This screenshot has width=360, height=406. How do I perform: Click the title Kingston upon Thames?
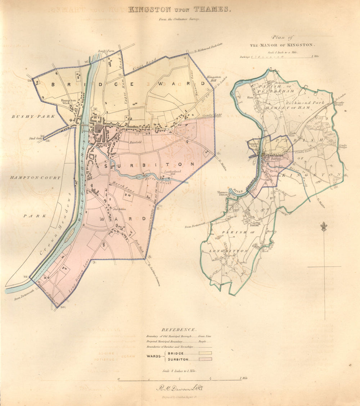click(179, 9)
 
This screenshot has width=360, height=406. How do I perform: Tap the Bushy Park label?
click(33, 116)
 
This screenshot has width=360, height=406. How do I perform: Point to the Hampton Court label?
click(35, 178)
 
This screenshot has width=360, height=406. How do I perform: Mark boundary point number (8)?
click(149, 257)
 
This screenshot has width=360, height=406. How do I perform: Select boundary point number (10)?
click(63, 307)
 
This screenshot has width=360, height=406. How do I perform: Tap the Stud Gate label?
click(35, 138)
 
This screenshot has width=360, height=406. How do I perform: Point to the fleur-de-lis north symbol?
click(324, 227)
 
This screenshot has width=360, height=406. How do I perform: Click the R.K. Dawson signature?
click(180, 388)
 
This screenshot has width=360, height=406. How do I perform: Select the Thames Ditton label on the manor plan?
click(222, 194)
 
